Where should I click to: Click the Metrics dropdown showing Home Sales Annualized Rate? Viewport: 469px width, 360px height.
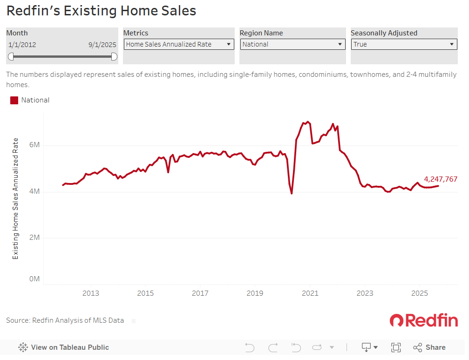[179, 44]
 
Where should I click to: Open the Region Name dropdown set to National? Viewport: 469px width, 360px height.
[292, 44]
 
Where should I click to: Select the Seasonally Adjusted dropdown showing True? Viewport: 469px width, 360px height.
[404, 44]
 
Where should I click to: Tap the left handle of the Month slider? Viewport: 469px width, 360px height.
[11, 56]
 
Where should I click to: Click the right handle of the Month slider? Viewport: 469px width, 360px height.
[114, 56]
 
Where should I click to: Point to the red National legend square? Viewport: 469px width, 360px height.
[14, 100]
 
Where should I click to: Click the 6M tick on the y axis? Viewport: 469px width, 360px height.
[34, 145]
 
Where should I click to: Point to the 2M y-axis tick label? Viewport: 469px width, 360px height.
[34, 238]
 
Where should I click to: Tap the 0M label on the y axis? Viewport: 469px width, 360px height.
[34, 279]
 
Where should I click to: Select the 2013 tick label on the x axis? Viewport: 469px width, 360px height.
[90, 293]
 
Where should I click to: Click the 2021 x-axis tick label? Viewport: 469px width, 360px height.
[310, 293]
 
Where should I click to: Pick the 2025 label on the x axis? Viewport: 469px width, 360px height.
[419, 293]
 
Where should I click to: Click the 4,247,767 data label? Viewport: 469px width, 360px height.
[441, 179]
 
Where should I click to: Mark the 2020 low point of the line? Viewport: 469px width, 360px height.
[292, 193]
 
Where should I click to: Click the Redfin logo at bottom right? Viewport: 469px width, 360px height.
[424, 320]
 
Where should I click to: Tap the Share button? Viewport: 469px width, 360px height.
[429, 347]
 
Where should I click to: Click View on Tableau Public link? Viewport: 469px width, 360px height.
[64, 347]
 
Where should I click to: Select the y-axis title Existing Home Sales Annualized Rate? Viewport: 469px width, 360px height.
[15, 198]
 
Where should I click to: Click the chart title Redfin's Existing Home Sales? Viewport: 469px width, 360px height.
[101, 11]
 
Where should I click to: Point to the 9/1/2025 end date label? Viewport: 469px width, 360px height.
[102, 45]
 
